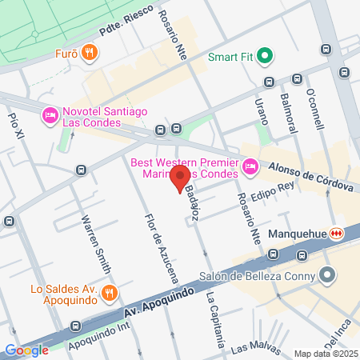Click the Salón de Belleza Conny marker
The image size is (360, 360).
pyautogui.click(x=326, y=276)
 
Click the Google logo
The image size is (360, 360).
pyautogui.click(x=26, y=350)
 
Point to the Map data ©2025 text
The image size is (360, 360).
pyautogui.click(x=324, y=353)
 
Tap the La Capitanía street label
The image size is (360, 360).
pyautogui.click(x=215, y=320)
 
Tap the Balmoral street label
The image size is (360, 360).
pyautogui.click(x=287, y=108)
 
